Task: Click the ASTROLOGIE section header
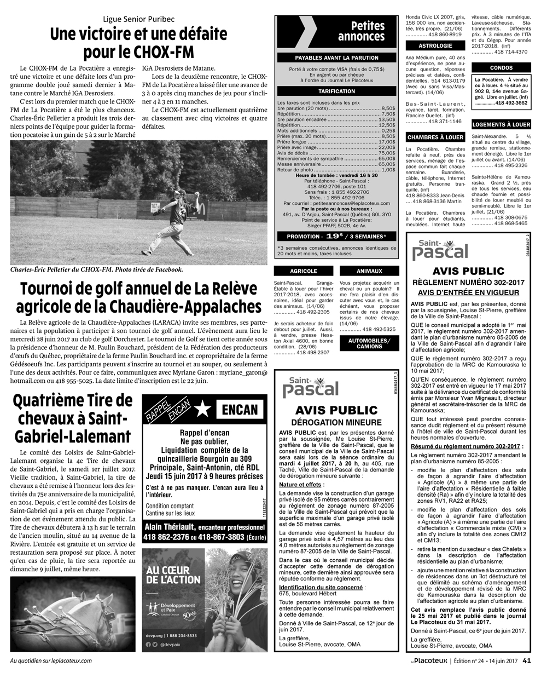click(x=435, y=46)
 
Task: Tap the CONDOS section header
click(x=502, y=68)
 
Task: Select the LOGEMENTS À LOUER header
click(x=501, y=125)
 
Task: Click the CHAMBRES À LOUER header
click(x=435, y=137)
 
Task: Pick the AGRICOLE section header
click(x=304, y=271)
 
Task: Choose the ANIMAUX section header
click(x=369, y=271)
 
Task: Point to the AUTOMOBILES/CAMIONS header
click(x=369, y=343)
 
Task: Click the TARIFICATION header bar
click(x=336, y=91)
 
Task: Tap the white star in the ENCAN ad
click(x=202, y=409)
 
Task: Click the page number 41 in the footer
click(x=527, y=660)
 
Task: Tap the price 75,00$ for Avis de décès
click(x=387, y=153)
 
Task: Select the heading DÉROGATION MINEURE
click(x=336, y=423)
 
